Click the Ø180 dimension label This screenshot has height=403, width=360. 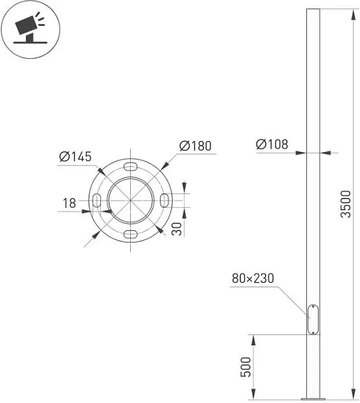tap(196, 146)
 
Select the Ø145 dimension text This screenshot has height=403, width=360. tap(75, 157)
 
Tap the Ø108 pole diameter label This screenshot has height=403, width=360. tap(272, 144)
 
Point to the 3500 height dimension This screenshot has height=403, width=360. tap(346, 204)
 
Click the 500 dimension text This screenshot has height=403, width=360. tap(245, 367)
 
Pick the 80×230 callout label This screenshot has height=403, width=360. tap(253, 278)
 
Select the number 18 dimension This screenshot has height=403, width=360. tap(69, 203)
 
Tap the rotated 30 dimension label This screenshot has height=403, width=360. tap(177, 229)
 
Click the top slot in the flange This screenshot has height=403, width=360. tap(130, 166)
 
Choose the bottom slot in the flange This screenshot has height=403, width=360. tap(130, 234)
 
